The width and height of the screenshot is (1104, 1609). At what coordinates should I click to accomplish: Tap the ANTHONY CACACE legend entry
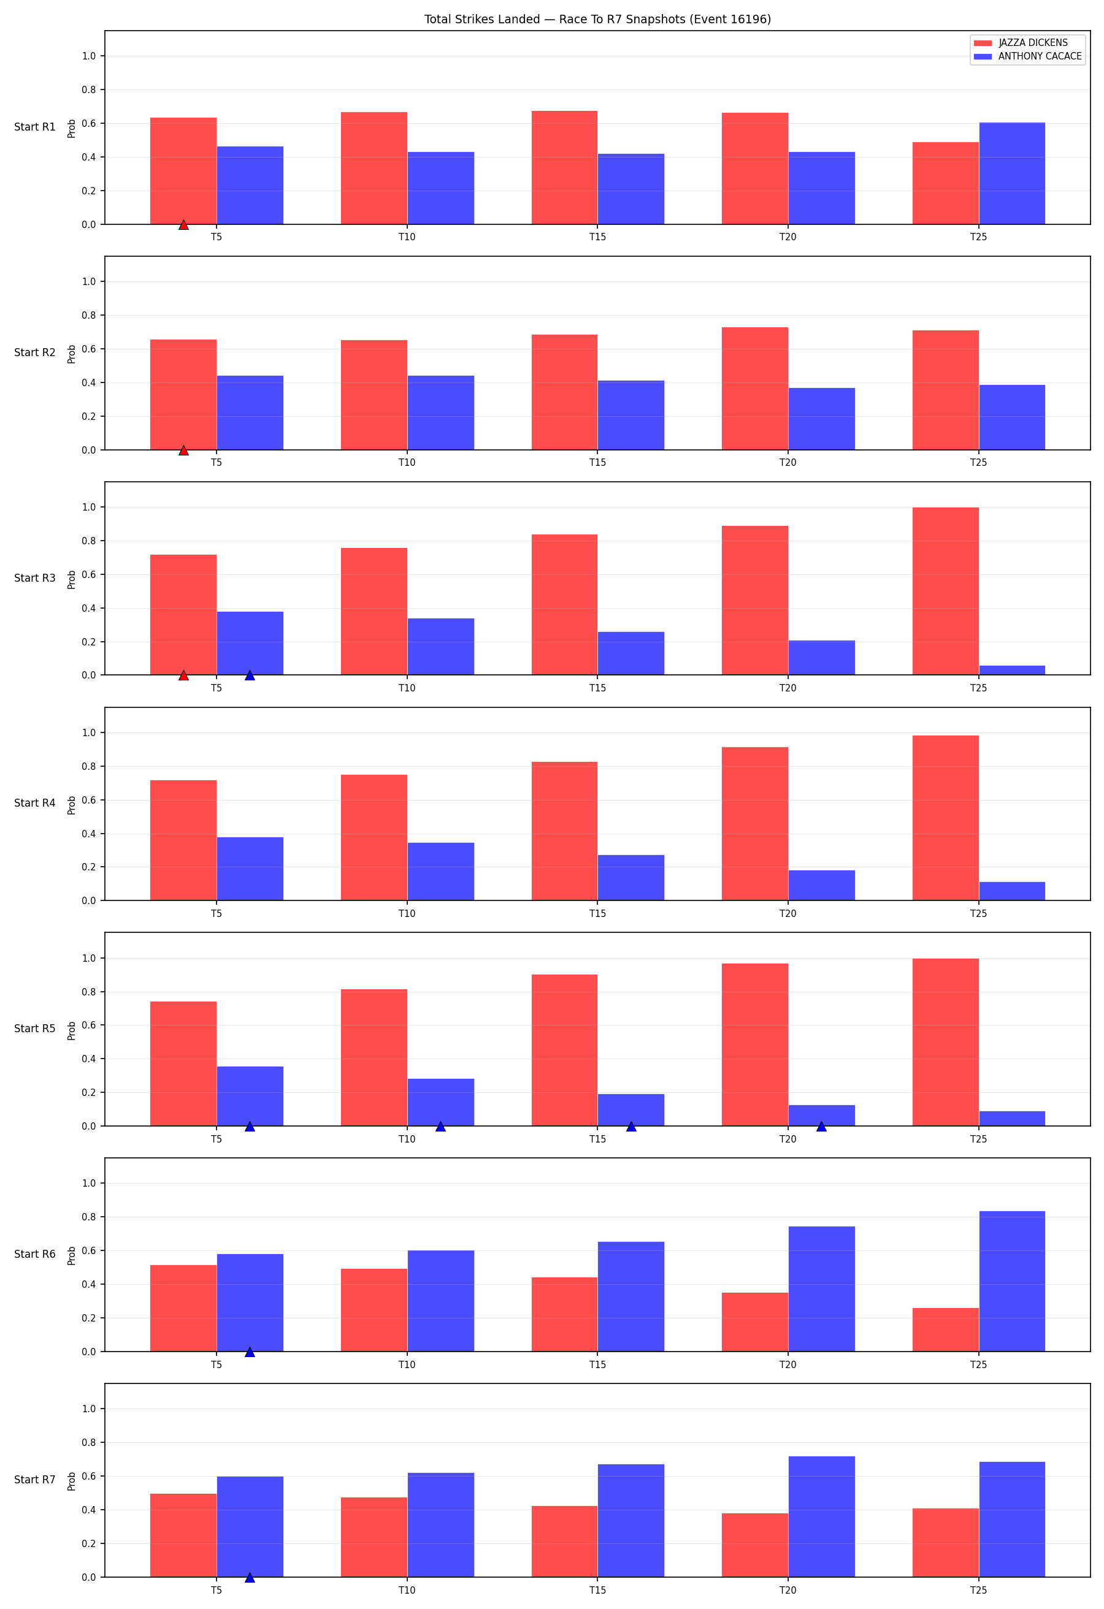[1028, 56]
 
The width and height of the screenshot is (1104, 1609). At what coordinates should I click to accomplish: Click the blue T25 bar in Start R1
[1011, 173]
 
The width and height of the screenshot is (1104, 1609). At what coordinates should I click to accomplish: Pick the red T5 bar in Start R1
[183, 171]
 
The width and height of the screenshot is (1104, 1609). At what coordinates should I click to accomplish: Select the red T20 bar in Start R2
[754, 389]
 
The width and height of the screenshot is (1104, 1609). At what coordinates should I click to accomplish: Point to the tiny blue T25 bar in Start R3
[1011, 670]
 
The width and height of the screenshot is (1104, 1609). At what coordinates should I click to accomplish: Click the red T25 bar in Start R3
[945, 591]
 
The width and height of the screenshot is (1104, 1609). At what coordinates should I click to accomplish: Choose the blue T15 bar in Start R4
[631, 878]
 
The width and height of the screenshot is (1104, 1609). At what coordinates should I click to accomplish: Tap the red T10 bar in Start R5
[374, 1057]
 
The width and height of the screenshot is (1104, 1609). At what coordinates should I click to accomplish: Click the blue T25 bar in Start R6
[1011, 1281]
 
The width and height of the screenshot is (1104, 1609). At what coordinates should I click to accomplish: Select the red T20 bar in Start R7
[754, 1545]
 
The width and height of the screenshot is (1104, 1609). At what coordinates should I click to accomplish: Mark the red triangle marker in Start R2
[183, 450]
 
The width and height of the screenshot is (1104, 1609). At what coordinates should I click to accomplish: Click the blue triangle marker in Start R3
[250, 675]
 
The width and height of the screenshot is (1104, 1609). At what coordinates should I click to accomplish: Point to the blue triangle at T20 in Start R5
[821, 1127]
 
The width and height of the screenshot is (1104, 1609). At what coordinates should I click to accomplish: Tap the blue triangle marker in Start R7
[250, 1577]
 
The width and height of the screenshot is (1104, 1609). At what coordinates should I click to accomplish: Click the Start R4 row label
[34, 803]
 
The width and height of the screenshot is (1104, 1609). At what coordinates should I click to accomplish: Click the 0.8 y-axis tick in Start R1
[89, 90]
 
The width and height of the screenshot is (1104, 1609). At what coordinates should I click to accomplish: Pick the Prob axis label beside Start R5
[71, 1031]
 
